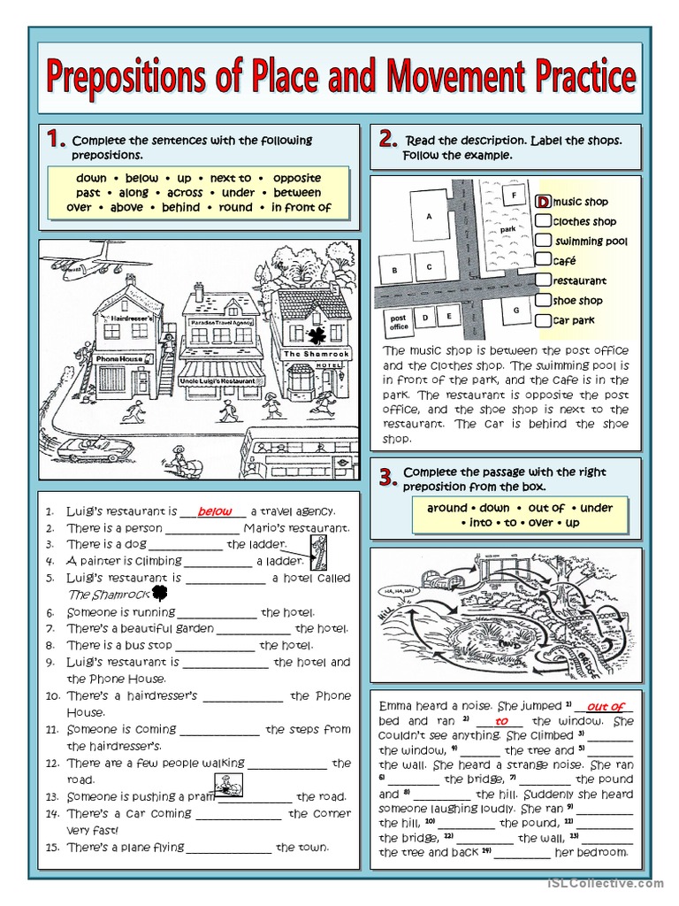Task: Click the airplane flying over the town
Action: (x=84, y=258)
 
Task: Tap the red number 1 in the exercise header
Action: (x=56, y=139)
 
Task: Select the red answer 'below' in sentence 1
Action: (x=215, y=511)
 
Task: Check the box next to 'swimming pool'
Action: (x=544, y=240)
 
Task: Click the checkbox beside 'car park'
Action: (x=544, y=319)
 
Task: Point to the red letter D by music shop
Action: (x=543, y=203)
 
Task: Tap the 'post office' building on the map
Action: (x=399, y=322)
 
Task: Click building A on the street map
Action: (x=430, y=215)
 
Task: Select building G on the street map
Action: (x=515, y=311)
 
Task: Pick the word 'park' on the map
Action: (x=507, y=229)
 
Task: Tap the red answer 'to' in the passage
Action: (x=501, y=721)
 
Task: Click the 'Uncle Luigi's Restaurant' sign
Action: (x=221, y=380)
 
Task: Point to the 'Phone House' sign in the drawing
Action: (x=118, y=358)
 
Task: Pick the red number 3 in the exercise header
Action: (x=386, y=479)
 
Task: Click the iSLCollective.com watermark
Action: (x=605, y=883)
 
